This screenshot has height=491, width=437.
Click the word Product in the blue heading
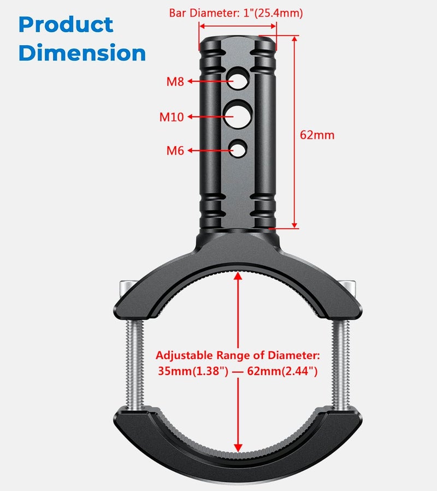pyautogui.click(x=66, y=25)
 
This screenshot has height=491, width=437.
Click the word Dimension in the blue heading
pyautogui.click(x=82, y=52)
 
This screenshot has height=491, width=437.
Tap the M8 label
pyautogui.click(x=175, y=81)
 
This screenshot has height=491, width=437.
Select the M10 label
pyautogui.click(x=172, y=117)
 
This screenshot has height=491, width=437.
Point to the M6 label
pyautogui.click(x=175, y=151)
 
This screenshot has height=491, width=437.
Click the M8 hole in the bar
pyautogui.click(x=238, y=79)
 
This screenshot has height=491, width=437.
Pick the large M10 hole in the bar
pyautogui.click(x=237, y=115)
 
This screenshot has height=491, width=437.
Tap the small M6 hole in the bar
pyautogui.click(x=238, y=148)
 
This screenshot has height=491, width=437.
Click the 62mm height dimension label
pyautogui.click(x=317, y=135)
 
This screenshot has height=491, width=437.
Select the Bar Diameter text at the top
pyautogui.click(x=236, y=13)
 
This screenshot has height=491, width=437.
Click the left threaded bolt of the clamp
pyautogui.click(x=135, y=363)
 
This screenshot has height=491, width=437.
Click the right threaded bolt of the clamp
pyautogui.click(x=341, y=363)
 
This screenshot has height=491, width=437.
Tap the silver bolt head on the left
pyautogui.click(x=127, y=289)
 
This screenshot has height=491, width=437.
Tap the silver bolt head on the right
pyautogui.click(x=350, y=288)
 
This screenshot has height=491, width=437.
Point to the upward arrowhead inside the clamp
pyautogui.click(x=238, y=276)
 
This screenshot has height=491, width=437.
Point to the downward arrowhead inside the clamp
pyautogui.click(x=238, y=448)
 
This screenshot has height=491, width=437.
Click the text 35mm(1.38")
pyautogui.click(x=193, y=371)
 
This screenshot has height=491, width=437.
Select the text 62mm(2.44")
pyautogui.click(x=282, y=371)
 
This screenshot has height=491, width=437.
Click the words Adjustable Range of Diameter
pyautogui.click(x=238, y=355)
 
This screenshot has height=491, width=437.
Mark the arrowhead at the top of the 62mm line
pyautogui.click(x=294, y=39)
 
